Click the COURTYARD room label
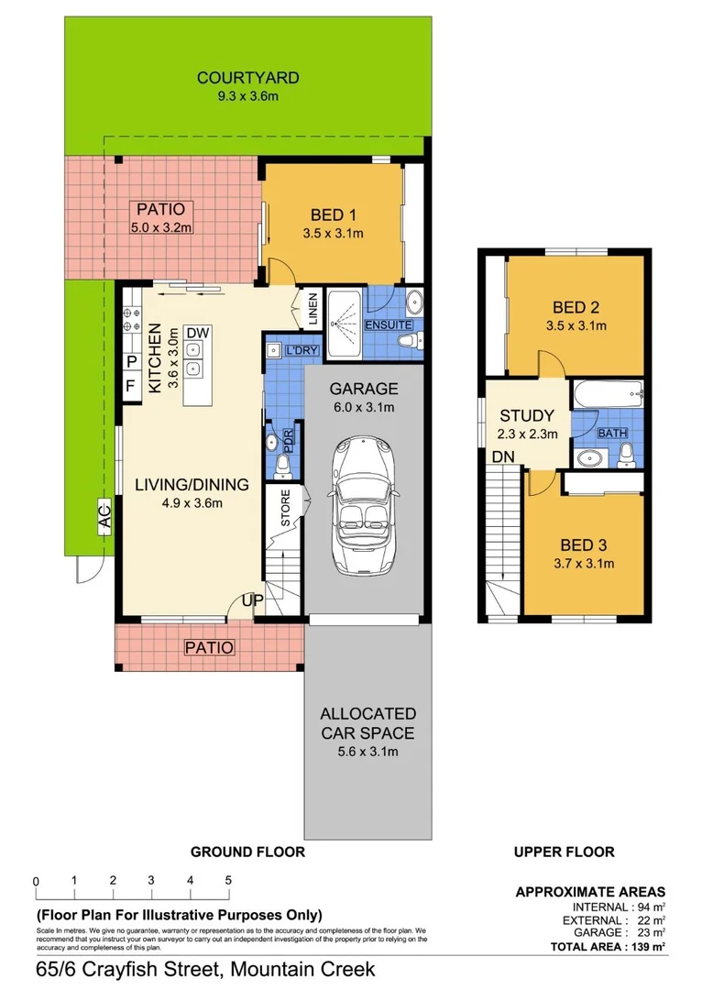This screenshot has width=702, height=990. [247, 78]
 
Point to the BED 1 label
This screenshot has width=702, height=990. [334, 215]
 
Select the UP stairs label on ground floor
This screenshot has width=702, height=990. [251, 600]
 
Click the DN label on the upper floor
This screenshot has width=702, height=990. [503, 456]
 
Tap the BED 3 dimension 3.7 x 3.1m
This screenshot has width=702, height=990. [584, 563]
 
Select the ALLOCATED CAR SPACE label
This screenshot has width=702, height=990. [367, 723]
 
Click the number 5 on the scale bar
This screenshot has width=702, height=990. [228, 880]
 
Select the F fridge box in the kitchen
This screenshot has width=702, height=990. [130, 386]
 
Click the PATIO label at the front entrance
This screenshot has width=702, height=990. [209, 648]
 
